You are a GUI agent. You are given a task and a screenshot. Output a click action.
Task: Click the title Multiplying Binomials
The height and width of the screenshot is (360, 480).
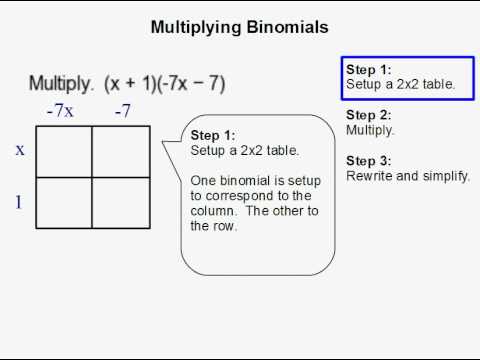pos(239,27)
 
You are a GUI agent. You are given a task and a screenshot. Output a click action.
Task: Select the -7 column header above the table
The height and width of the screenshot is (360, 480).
pos(122,111)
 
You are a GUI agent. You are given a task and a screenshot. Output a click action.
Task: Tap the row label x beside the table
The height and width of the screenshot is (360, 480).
pos(20,150)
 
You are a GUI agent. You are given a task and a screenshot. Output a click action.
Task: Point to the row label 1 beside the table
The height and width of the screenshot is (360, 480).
pos(19,203)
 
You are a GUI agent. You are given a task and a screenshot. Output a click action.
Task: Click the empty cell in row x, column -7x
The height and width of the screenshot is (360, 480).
pos(64,151)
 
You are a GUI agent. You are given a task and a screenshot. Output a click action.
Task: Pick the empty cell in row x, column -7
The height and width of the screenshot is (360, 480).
pos(121,151)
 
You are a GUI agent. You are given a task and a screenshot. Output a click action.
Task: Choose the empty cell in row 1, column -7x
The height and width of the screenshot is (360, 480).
pos(64,204)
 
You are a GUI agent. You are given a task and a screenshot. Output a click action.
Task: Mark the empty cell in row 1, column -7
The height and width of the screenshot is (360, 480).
pos(121,204)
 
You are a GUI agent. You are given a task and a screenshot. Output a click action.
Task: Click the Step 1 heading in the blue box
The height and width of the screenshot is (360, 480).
pos(369,70)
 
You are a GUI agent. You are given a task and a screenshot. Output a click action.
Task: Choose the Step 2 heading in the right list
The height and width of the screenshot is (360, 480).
pos(369,115)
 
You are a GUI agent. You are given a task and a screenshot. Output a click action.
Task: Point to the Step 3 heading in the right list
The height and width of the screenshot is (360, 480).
pos(369,161)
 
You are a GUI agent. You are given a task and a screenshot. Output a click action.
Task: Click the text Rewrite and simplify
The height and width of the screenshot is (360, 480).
pos(408,176)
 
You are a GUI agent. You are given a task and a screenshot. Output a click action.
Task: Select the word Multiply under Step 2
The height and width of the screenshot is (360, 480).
pos(370,130)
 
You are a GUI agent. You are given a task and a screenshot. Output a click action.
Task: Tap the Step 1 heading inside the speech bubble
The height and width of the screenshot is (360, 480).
pos(213,136)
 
